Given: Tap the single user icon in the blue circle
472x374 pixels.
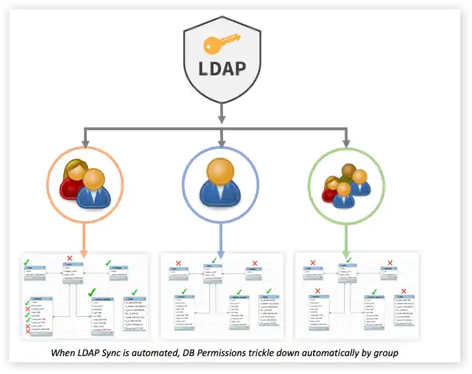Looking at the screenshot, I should (x=220, y=182).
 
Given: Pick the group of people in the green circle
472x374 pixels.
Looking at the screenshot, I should (x=345, y=185).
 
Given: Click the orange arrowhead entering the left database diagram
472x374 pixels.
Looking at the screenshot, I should (x=83, y=253).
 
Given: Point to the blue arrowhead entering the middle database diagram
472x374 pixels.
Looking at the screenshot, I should (x=220, y=253).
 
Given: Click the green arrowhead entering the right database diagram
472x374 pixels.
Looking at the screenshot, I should (x=346, y=253).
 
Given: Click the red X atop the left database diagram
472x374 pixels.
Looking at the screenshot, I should (x=69, y=259).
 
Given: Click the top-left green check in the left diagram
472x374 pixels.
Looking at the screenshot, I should (x=26, y=262).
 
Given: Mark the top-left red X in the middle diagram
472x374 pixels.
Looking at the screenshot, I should (x=178, y=263).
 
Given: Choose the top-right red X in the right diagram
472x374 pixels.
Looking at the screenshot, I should (x=392, y=263).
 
